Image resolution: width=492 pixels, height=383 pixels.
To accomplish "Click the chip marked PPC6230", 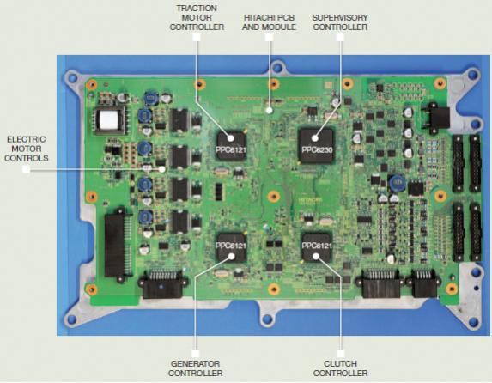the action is [316, 146].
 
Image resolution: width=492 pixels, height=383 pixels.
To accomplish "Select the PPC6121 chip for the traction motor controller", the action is [231, 146].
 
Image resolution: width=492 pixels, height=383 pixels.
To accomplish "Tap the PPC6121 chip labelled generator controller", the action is [231, 247].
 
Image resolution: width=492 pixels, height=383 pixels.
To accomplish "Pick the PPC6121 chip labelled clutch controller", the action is [317, 246].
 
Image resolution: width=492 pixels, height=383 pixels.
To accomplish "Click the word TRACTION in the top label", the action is [197, 8].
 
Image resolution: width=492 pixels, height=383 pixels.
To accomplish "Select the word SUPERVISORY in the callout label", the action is [340, 17].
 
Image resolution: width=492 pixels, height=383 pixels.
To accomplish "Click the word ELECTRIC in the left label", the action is [27, 139].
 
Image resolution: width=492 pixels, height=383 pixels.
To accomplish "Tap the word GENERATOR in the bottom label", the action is [195, 363].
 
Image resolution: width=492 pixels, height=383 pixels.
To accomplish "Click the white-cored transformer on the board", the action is [110, 120].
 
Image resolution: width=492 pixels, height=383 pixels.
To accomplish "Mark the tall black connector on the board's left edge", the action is [115, 244].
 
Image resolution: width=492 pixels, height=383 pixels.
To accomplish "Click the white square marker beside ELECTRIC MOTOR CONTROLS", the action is [27, 169].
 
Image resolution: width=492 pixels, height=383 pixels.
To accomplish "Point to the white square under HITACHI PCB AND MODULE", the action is [269, 38].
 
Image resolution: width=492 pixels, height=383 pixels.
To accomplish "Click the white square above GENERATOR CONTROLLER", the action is [195, 354].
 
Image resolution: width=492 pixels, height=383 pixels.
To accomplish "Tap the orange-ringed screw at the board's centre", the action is [274, 196].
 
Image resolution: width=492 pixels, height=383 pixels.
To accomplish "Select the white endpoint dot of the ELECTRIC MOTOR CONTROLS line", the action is [162, 169].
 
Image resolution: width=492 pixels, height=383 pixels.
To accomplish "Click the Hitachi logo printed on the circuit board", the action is [310, 200].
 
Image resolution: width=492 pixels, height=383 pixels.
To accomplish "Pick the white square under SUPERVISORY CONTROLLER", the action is [340, 38].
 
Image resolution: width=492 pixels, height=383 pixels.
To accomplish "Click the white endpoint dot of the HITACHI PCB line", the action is [269, 110].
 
